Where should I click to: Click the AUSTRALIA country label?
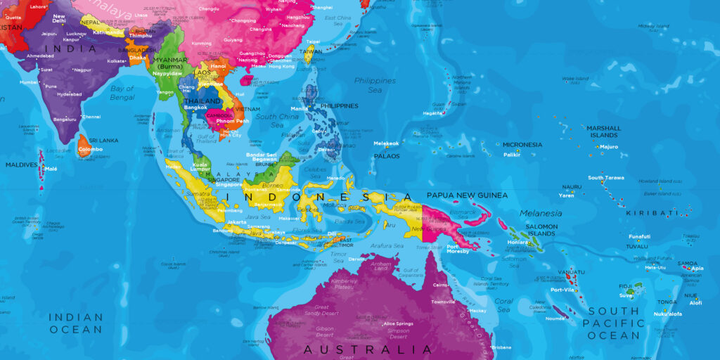pyautogui.click(x=368, y=349)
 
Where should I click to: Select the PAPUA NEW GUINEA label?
pyautogui.click(x=467, y=195)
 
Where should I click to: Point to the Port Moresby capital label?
pyautogui.click(x=457, y=250)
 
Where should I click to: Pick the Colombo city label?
pyautogui.click(x=91, y=149)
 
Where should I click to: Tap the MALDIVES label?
pyautogui.click(x=21, y=165)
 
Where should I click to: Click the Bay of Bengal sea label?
pyautogui.click(x=122, y=92)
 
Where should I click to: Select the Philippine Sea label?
pyautogui.click(x=375, y=85)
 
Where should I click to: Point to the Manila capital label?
pyautogui.click(x=300, y=108)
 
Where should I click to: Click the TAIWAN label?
pyautogui.click(x=311, y=51)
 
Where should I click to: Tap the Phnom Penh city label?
pyautogui.click(x=233, y=121)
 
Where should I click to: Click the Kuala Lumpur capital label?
pyautogui.click(x=200, y=168)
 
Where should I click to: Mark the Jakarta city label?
pyautogui.click(x=237, y=221)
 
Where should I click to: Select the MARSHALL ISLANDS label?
pyautogui.click(x=603, y=131)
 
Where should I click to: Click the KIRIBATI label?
pyautogui.click(x=652, y=212)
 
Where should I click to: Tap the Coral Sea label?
pyautogui.click(x=503, y=304)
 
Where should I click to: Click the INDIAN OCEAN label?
pyautogui.click(x=75, y=323)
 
